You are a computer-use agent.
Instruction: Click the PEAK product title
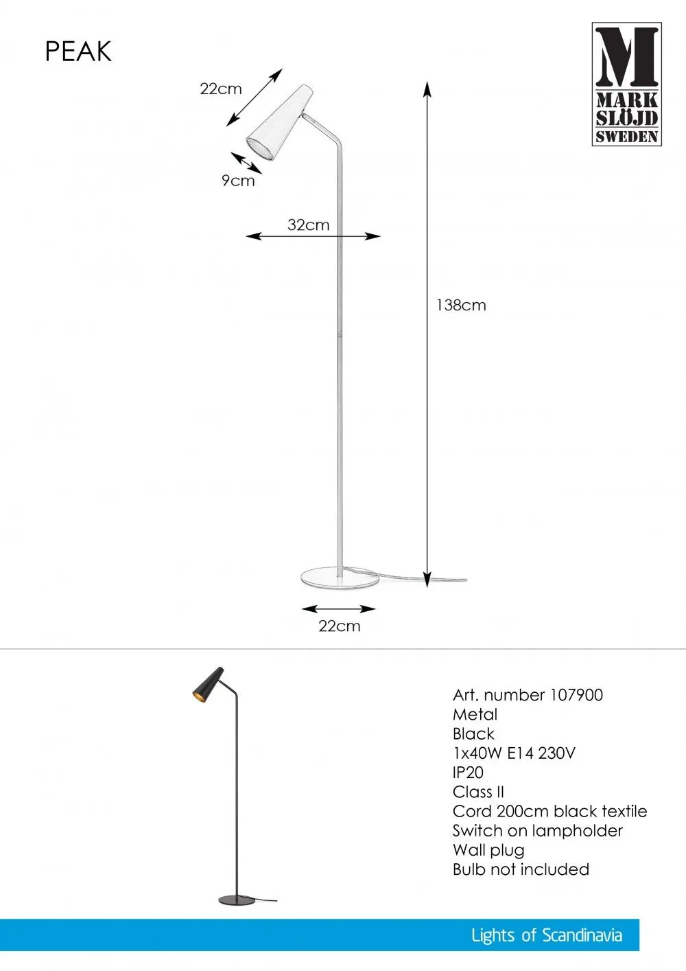pyautogui.click(x=78, y=52)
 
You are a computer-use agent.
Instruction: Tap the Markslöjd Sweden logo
pyautogui.click(x=627, y=84)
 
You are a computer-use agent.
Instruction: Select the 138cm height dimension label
pyautogui.click(x=461, y=306)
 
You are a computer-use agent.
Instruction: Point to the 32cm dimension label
pyautogui.click(x=308, y=225)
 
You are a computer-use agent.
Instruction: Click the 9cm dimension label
pyautogui.click(x=238, y=181)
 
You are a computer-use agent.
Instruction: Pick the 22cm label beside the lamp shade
pyautogui.click(x=221, y=89)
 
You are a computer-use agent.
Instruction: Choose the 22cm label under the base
pyautogui.click(x=340, y=626)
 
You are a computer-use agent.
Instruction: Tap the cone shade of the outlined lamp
pyautogui.click(x=280, y=123)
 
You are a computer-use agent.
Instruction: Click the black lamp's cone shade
pyautogui.click(x=208, y=683)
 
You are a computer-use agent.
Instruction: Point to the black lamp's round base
pyautogui.click(x=237, y=900)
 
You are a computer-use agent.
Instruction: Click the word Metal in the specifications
pyautogui.click(x=475, y=714)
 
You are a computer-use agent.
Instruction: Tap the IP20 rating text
pyautogui.click(x=468, y=773)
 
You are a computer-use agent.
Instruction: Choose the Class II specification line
pyautogui.click(x=479, y=792)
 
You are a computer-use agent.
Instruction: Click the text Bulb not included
pyautogui.click(x=521, y=869)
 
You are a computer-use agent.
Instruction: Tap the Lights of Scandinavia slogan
pyautogui.click(x=547, y=935)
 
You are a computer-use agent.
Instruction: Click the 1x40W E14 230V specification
pyautogui.click(x=514, y=753)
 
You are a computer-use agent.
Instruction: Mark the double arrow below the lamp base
pyautogui.click(x=339, y=608)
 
